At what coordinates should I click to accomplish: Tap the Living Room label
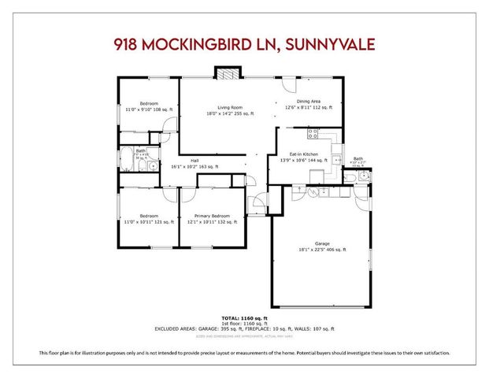click(230, 107)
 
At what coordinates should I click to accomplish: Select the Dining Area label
click(308, 101)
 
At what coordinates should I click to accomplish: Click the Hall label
click(194, 161)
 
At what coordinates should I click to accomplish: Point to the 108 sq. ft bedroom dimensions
click(149, 110)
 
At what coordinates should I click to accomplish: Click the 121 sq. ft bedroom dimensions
click(149, 222)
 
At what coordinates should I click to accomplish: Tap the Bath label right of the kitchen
click(358, 158)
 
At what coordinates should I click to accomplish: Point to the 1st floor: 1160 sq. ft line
click(244, 323)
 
